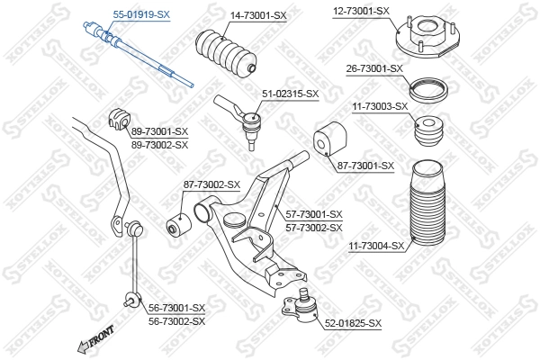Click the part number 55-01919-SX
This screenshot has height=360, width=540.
click(x=140, y=15)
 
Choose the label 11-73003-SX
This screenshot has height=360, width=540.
click(x=380, y=106)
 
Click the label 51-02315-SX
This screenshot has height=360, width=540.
click(x=291, y=93)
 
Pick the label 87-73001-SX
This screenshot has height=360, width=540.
click(x=365, y=165)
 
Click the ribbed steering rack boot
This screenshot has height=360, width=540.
click(x=226, y=55)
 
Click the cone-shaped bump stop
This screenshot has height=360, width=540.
click(x=429, y=135)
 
